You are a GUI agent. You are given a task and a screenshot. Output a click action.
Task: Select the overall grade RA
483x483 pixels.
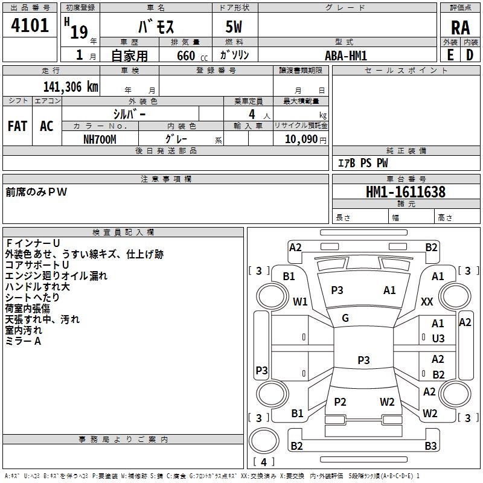coord(460,28)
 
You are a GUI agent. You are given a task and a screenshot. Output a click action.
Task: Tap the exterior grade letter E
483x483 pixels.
coord(450,55)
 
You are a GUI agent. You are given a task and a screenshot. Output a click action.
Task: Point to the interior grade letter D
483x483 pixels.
coord(470,55)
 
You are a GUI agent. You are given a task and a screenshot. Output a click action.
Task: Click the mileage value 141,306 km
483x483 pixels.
coord(71,86)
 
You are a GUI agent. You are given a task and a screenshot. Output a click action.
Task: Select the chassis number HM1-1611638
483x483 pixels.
coord(406,192)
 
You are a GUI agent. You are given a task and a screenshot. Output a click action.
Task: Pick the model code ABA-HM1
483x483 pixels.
coord(346,55)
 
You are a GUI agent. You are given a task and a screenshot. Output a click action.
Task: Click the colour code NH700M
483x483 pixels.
coord(100,138)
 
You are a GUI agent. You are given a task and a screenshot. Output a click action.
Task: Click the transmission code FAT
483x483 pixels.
coord(17,126)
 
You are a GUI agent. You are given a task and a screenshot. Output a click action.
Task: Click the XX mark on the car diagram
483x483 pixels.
coord(427,301)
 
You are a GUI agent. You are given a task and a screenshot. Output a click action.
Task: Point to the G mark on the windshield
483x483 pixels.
coord(345,318)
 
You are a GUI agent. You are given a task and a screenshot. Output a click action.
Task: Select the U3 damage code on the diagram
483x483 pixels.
coord(438,339)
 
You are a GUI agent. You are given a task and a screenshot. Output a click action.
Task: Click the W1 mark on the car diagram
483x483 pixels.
coord(300,301)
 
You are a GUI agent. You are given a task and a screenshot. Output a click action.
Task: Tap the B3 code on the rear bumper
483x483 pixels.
coord(430,446)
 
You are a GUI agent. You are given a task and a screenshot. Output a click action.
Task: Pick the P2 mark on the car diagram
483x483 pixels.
coord(340,402)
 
